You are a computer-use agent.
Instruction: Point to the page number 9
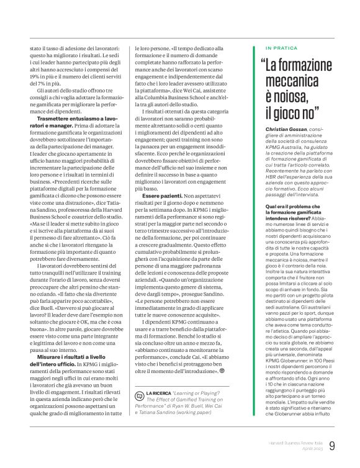point(333,445)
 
